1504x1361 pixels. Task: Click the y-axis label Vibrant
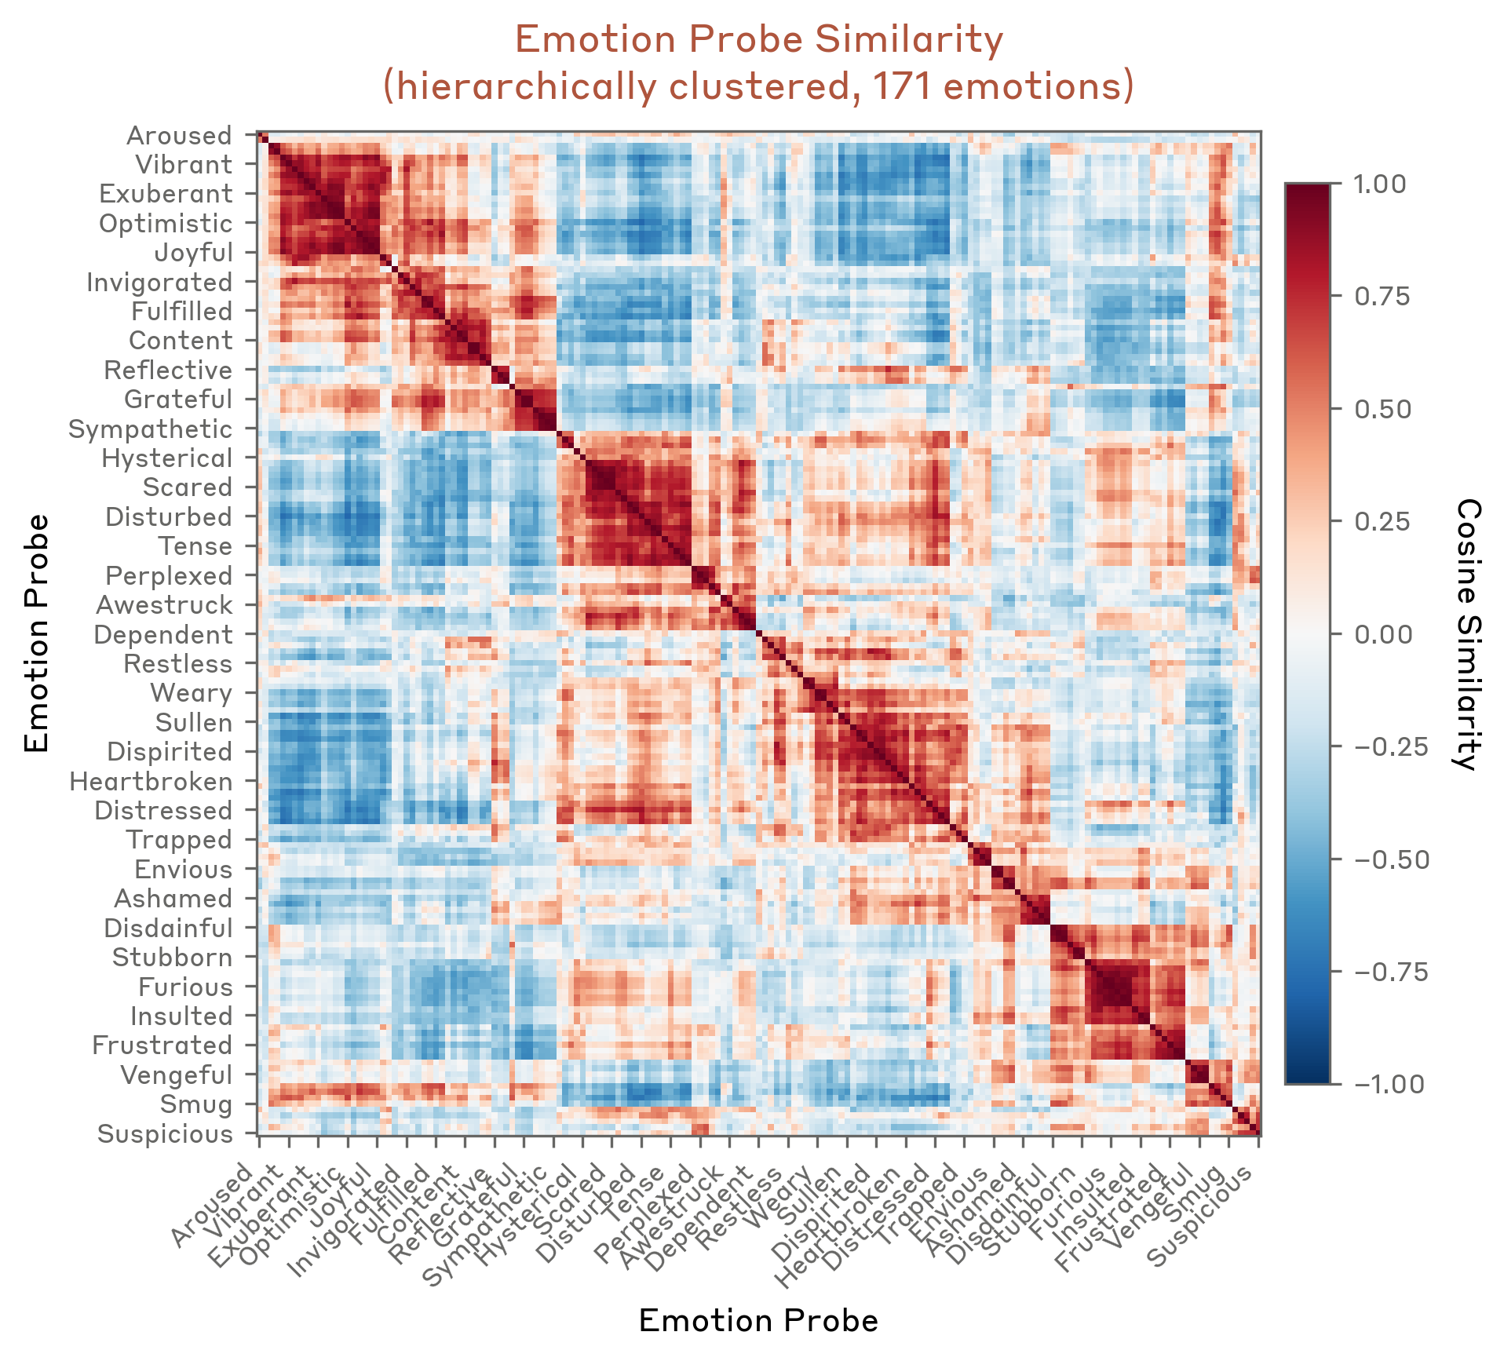coord(184,165)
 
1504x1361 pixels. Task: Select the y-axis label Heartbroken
coord(151,782)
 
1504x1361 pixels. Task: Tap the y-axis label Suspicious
coord(165,1134)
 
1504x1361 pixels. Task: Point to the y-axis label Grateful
coord(178,400)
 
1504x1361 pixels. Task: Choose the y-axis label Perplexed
coord(169,576)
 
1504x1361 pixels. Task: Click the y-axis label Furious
coord(185,987)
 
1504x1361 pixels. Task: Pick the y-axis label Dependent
coord(163,635)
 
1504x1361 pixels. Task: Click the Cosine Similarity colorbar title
coord(1466,634)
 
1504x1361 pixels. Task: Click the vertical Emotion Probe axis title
coord(36,634)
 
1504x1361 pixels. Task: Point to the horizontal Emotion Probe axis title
coord(758,1321)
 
